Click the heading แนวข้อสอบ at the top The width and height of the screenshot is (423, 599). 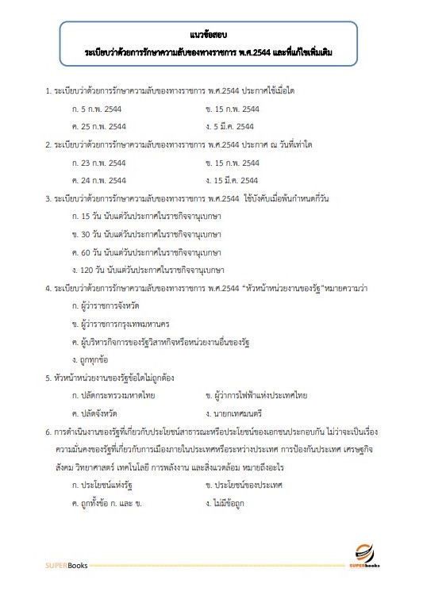tap(211, 35)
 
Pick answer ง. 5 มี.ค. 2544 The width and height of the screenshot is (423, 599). tap(229, 126)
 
